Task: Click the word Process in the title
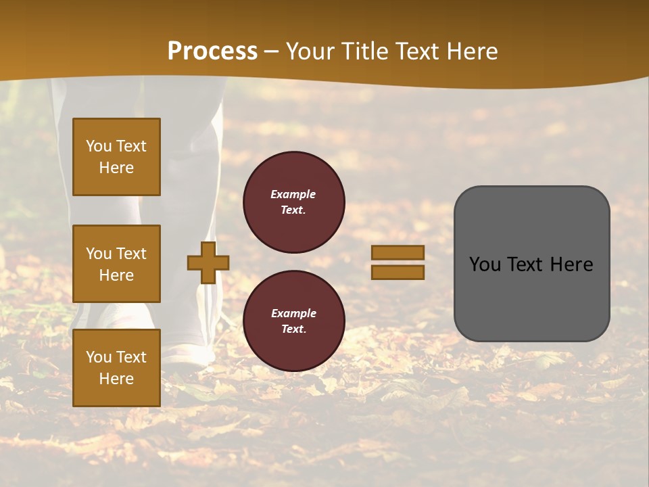tap(212, 51)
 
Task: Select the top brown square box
tap(116, 157)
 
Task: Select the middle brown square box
tap(116, 264)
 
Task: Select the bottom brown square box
tap(116, 367)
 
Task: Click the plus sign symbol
tap(208, 262)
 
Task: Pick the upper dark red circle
tap(293, 202)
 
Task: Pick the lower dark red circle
tap(293, 321)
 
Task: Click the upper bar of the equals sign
tap(398, 252)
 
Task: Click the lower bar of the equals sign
tap(398, 272)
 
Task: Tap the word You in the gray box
tap(485, 264)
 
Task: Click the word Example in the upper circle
tap(293, 195)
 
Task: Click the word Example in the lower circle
tap(293, 314)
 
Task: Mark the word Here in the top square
tap(116, 168)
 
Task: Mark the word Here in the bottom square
tap(116, 379)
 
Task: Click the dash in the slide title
tap(272, 52)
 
